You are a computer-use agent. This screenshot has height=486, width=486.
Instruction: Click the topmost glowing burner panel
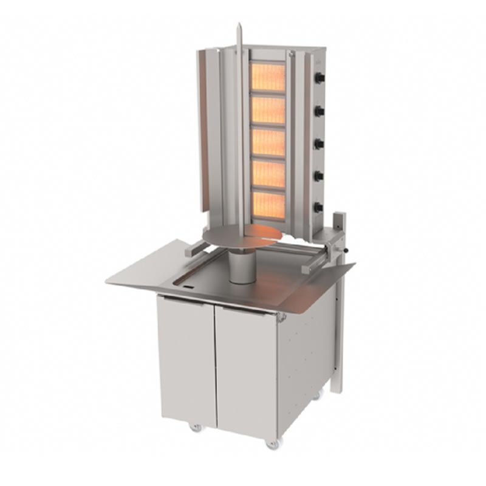coord(268,77)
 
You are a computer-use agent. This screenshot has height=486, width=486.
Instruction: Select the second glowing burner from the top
coord(268,110)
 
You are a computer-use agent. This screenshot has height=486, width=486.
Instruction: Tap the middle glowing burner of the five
coord(268,142)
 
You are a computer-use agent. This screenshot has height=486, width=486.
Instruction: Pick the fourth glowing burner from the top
coord(268,174)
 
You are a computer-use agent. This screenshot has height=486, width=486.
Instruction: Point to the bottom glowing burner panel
coord(268,206)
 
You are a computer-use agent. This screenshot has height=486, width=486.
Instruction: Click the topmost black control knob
coord(320,78)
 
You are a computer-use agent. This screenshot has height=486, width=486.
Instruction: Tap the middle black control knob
coord(320,143)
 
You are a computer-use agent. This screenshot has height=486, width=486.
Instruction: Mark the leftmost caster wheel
coord(196,427)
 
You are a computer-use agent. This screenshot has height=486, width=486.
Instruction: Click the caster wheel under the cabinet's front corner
coord(272,444)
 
